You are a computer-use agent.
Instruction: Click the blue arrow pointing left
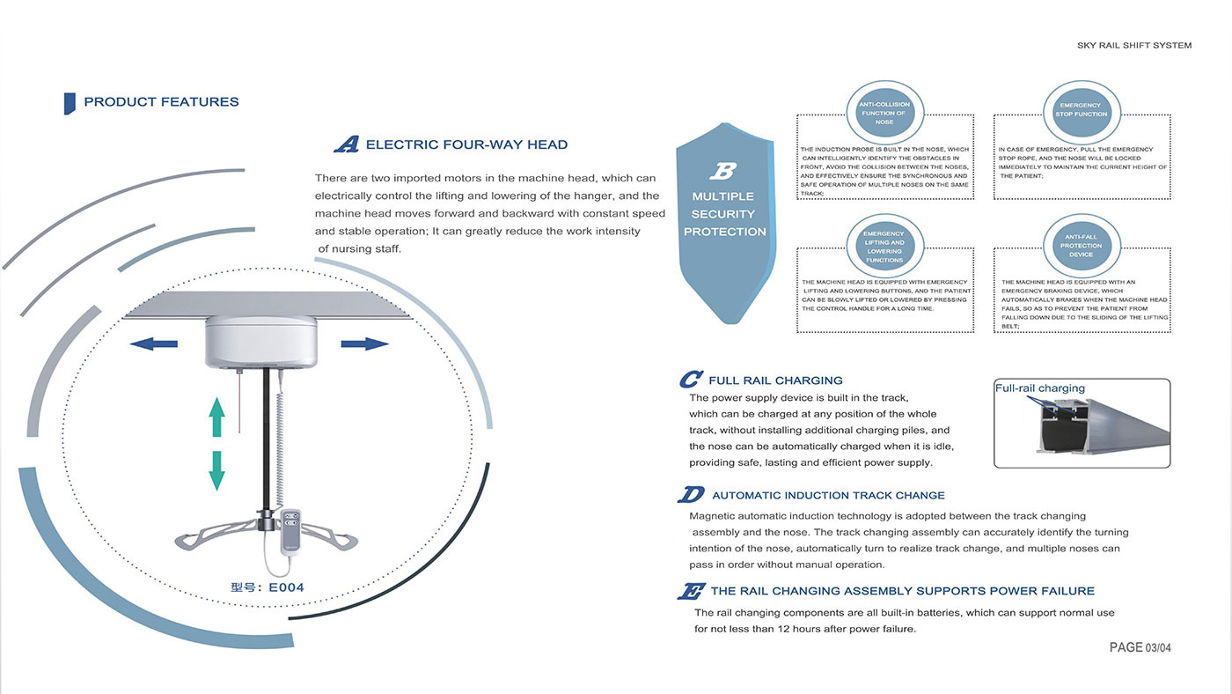tap(153, 344)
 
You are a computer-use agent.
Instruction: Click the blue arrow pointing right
tap(364, 344)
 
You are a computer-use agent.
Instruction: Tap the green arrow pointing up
tap(216, 417)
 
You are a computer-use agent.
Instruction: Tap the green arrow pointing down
tap(216, 470)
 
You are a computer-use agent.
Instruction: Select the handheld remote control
tap(291, 530)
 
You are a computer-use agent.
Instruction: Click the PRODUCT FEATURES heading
tap(161, 102)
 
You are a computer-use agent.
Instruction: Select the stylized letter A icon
tap(347, 144)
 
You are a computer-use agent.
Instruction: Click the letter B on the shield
tap(723, 171)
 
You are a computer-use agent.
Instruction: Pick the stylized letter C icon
tap(691, 380)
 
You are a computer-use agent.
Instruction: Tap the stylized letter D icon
tap(691, 494)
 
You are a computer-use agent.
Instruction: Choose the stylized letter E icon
tap(691, 591)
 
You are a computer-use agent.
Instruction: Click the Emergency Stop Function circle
tap(1082, 112)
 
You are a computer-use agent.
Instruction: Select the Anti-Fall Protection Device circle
tap(1082, 246)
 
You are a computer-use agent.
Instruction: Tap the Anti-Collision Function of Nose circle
tap(884, 112)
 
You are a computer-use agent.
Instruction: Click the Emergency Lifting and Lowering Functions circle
tap(884, 246)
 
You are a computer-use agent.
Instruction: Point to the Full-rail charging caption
tap(1040, 388)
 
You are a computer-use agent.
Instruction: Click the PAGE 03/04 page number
tap(1140, 648)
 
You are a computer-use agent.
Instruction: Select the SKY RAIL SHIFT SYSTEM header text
tap(1134, 45)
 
